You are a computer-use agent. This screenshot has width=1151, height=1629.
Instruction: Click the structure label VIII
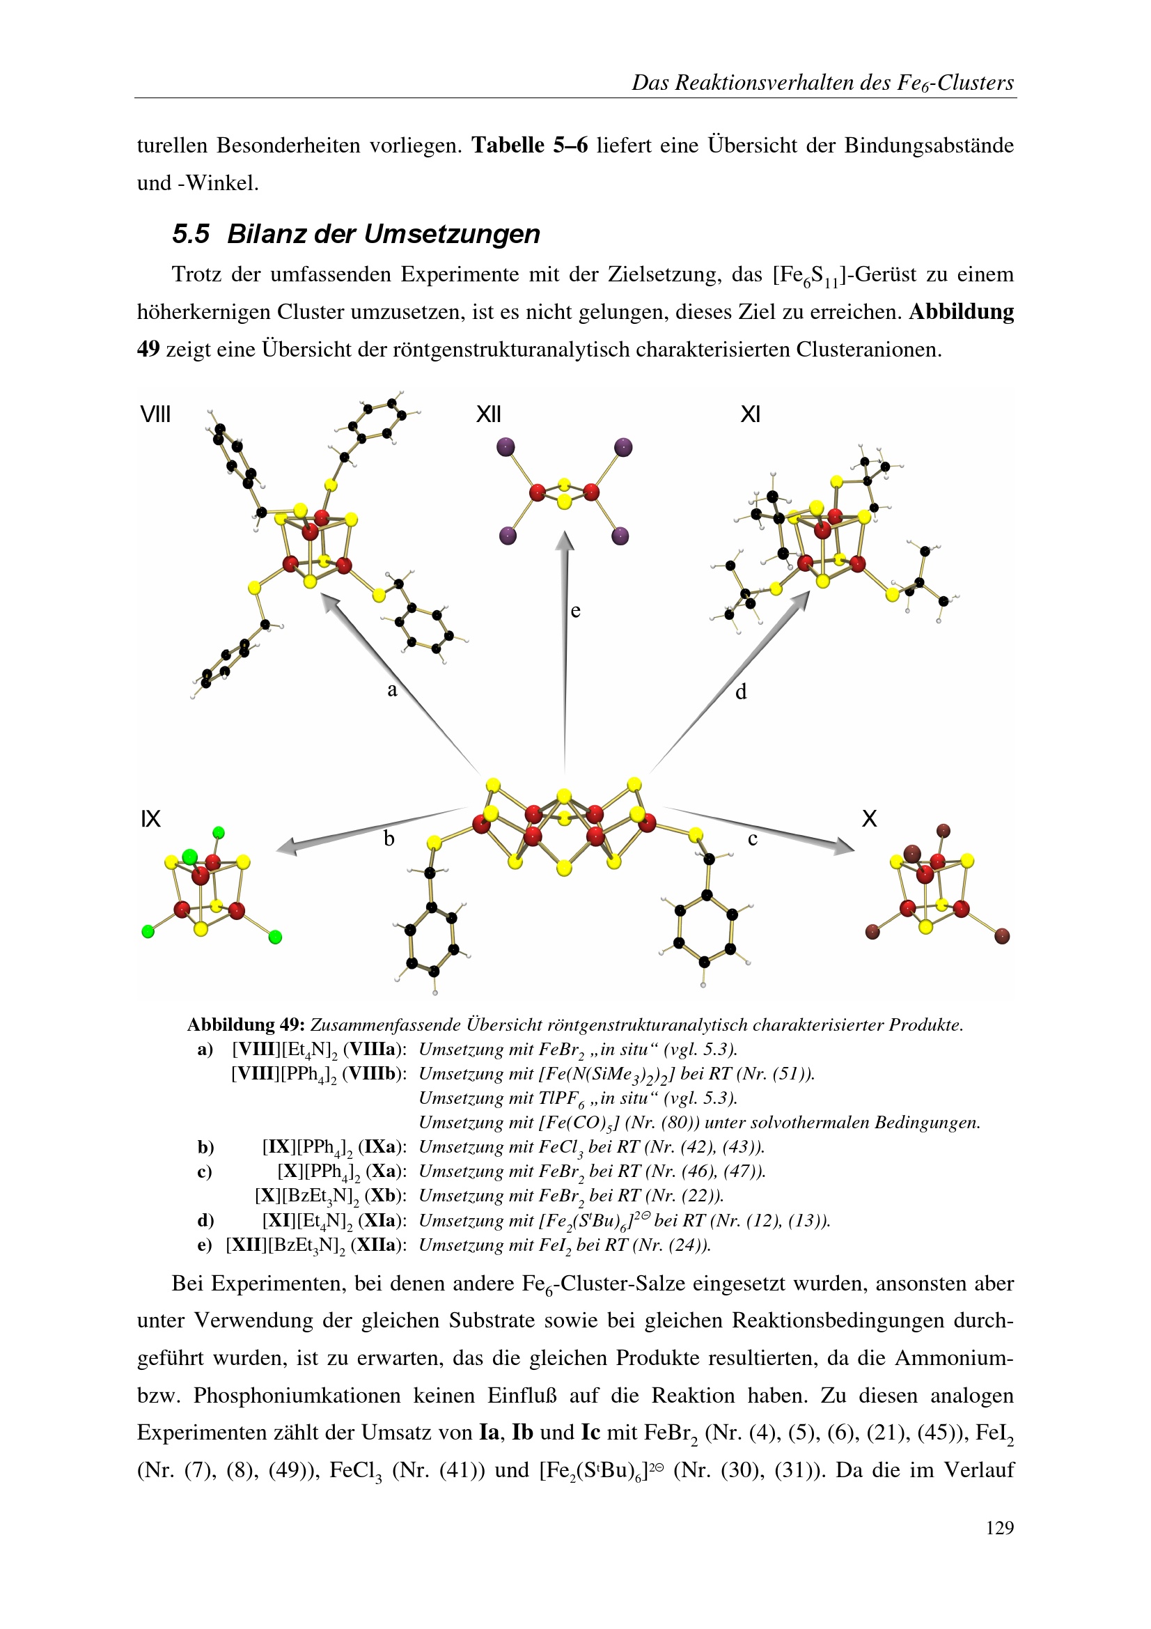tap(155, 414)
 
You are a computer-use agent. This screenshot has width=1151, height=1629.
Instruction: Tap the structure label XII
tap(488, 414)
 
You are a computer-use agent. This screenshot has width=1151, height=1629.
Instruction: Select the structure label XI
tap(750, 414)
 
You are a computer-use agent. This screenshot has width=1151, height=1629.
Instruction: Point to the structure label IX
tap(150, 819)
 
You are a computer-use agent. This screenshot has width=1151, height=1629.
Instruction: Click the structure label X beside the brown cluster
tap(869, 819)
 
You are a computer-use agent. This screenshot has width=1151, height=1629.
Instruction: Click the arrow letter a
tap(392, 690)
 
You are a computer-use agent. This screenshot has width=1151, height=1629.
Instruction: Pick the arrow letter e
tap(575, 611)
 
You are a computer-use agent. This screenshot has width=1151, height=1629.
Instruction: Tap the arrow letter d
tap(741, 692)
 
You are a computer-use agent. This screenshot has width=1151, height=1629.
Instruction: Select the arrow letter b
tap(389, 839)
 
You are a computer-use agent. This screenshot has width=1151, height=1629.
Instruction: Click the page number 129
tap(999, 1527)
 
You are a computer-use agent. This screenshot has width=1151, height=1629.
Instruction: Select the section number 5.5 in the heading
tap(190, 234)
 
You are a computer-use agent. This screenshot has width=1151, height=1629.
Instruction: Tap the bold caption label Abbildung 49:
tap(245, 1024)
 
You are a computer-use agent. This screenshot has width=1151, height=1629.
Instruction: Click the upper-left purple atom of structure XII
tap(506, 447)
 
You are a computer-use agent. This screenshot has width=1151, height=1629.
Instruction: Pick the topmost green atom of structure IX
tap(219, 832)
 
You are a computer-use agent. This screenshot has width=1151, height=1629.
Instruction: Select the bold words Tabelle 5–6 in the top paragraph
tap(530, 146)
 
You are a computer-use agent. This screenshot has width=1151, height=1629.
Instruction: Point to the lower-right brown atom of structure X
tap(1002, 937)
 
